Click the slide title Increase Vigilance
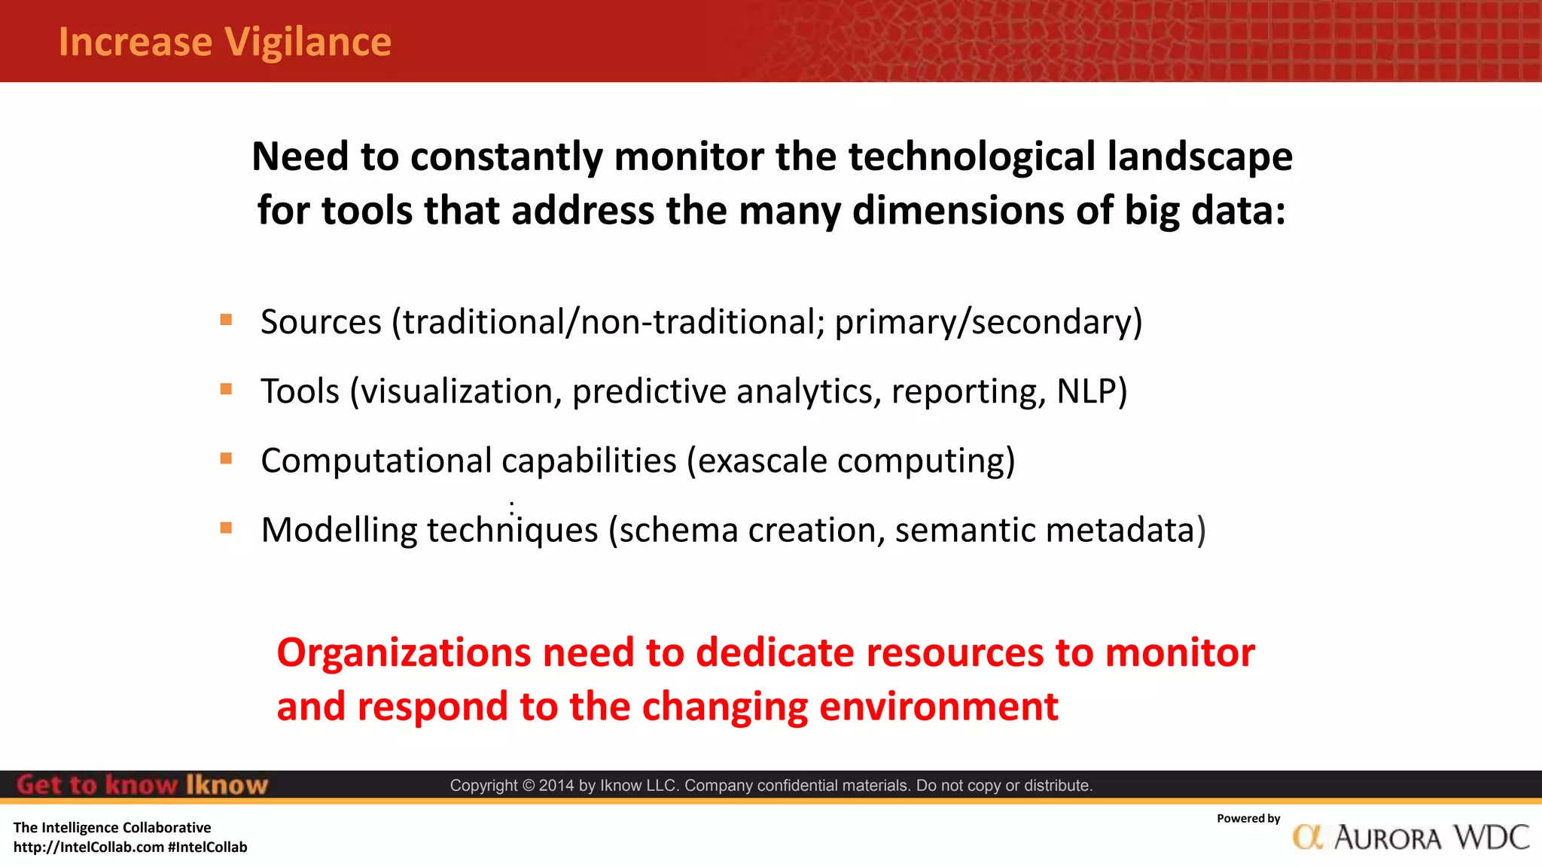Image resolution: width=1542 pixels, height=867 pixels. [x=225, y=42]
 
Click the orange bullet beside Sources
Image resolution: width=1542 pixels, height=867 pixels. [x=226, y=320]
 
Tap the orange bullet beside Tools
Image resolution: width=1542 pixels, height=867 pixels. [x=226, y=389]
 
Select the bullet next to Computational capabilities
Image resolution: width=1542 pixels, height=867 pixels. [x=226, y=458]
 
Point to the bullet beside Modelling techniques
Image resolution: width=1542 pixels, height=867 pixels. [x=226, y=528]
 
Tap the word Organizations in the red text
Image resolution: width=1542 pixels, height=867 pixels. [x=404, y=653]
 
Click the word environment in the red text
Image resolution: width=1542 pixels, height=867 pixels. [x=938, y=707]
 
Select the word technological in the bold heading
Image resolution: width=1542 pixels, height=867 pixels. [x=972, y=157]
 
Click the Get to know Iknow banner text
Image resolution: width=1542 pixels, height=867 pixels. [x=142, y=785]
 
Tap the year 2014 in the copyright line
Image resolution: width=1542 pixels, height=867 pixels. [x=556, y=786]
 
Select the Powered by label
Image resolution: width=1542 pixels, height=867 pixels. [x=1248, y=819]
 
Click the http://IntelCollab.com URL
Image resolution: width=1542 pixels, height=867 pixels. [x=88, y=847]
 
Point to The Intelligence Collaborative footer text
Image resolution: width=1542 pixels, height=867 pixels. [x=112, y=828]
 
